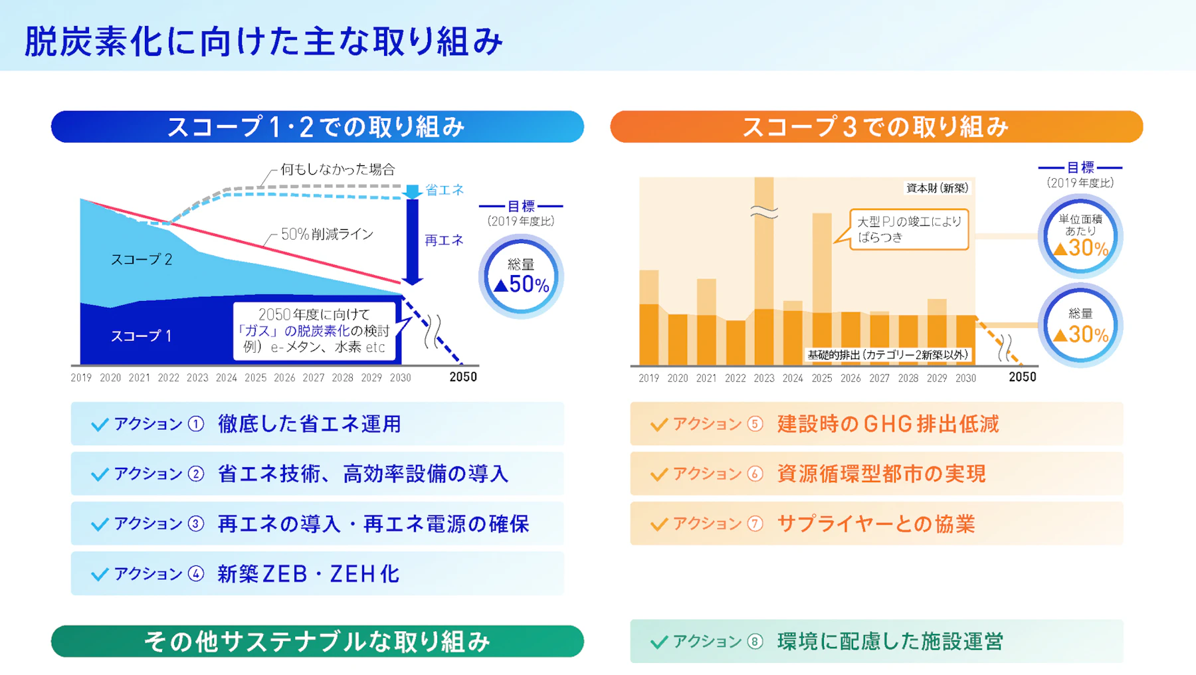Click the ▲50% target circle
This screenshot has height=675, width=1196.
coord(521,276)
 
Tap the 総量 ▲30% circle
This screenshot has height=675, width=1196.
coord(1080,326)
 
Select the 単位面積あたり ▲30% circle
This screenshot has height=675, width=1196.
coord(1080,236)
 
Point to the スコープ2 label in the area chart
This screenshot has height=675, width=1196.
coord(141,259)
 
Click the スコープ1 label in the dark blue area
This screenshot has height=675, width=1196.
coord(141,336)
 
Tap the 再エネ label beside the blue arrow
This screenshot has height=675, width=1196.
coord(444,241)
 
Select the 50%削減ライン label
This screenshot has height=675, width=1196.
coord(327,234)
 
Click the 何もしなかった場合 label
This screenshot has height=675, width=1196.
coord(338,169)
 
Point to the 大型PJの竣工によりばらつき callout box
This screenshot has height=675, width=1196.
coord(909,229)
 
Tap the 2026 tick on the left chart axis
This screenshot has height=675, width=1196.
coord(284,377)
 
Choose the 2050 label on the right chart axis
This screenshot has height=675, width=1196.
coord(1022,377)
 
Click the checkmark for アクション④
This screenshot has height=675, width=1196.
coord(100,574)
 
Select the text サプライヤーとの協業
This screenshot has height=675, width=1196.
coord(876,524)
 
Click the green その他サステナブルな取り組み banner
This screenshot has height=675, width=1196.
coord(317,641)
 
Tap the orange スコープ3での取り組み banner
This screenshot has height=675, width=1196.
coord(876,127)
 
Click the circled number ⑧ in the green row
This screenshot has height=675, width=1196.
coord(755,641)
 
